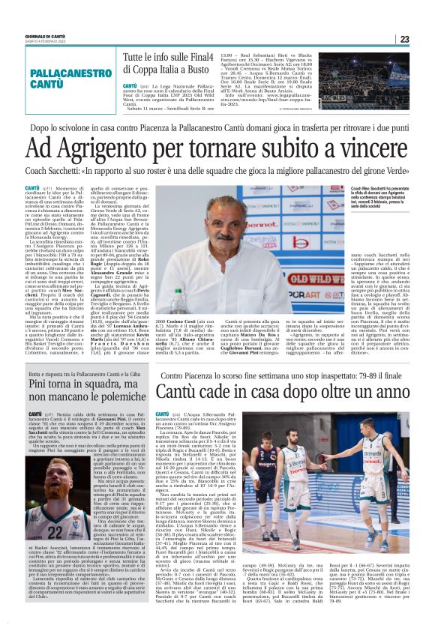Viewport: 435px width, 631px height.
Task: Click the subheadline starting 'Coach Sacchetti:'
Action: [217, 171]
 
